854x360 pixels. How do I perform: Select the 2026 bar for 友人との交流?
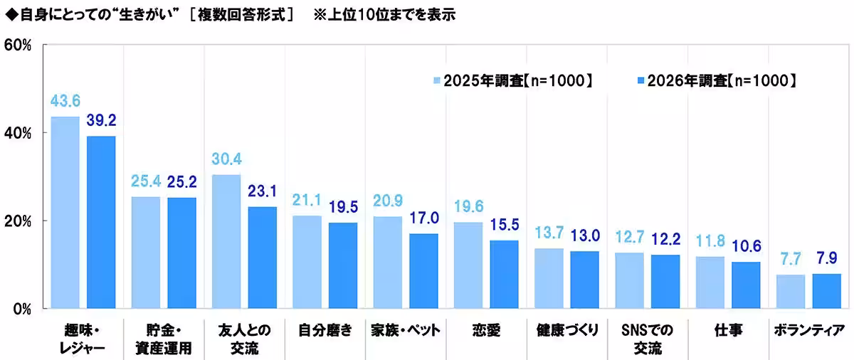pos(262,258)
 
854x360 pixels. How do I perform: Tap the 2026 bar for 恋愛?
pos(504,274)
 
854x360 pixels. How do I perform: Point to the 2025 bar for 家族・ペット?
pos(387,262)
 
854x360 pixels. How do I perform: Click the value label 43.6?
pos(65,103)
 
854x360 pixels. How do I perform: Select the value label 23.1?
pos(262,193)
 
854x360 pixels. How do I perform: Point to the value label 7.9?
pos(826,260)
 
